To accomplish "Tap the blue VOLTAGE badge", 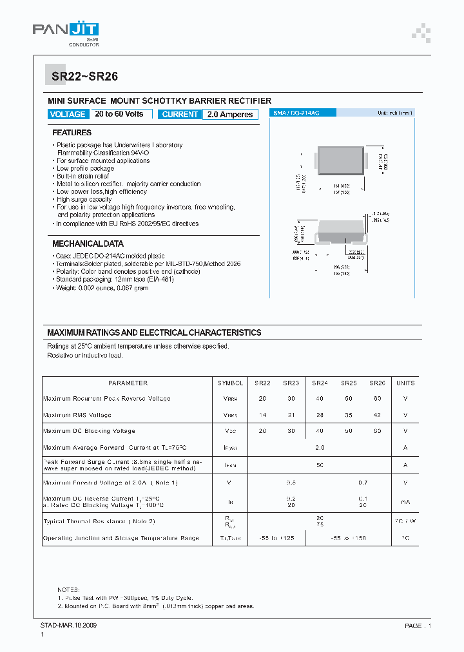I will coord(68,114).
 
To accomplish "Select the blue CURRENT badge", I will coord(180,114).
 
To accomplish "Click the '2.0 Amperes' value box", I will coord(230,115).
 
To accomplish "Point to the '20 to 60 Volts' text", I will coord(119,114).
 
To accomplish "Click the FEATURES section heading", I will coord(72,133).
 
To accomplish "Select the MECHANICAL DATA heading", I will coord(88,244).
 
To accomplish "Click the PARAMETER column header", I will coord(128,383).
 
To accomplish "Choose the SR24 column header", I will coord(320,383).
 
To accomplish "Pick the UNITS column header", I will coord(405,383).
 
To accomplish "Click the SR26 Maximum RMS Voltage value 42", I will coord(377,415).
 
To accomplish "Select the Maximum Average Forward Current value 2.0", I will coord(320,447).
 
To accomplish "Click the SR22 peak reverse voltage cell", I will coord(262,399).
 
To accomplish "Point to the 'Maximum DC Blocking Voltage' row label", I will coord(89,431).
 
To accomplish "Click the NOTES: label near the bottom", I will coord(68,590).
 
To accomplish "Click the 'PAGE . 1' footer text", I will coord(418,626).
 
